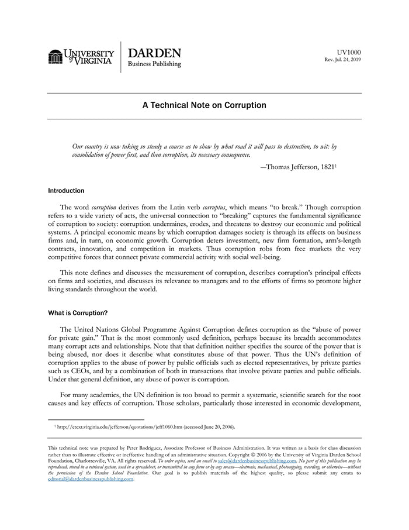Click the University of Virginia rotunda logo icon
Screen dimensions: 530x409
[56, 57]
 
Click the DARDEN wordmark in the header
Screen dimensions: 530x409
[154, 53]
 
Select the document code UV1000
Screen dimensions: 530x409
[349, 52]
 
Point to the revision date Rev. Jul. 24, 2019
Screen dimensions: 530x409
[343, 60]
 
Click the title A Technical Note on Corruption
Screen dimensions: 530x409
[204, 106]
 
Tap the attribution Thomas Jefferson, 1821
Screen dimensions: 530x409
[300, 167]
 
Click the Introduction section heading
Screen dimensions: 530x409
[66, 191]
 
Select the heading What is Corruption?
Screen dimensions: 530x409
[78, 313]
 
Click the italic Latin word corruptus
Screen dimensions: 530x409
[213, 208]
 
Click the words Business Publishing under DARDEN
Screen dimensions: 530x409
[154, 64]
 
